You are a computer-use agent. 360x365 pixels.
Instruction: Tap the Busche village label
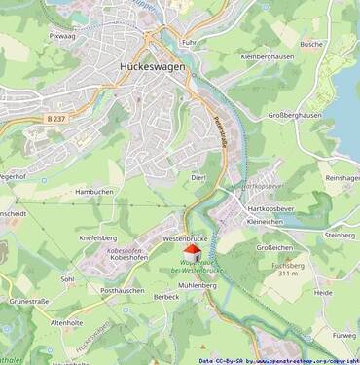(311, 44)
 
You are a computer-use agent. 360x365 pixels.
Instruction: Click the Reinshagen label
(342, 178)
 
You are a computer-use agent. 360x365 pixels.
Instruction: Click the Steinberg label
(339, 235)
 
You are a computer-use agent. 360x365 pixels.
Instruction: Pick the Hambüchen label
(94, 193)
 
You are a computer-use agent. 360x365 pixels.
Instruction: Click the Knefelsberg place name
(97, 237)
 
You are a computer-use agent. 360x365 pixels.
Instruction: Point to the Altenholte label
(67, 322)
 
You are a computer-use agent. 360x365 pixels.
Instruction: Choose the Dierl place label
(198, 177)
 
